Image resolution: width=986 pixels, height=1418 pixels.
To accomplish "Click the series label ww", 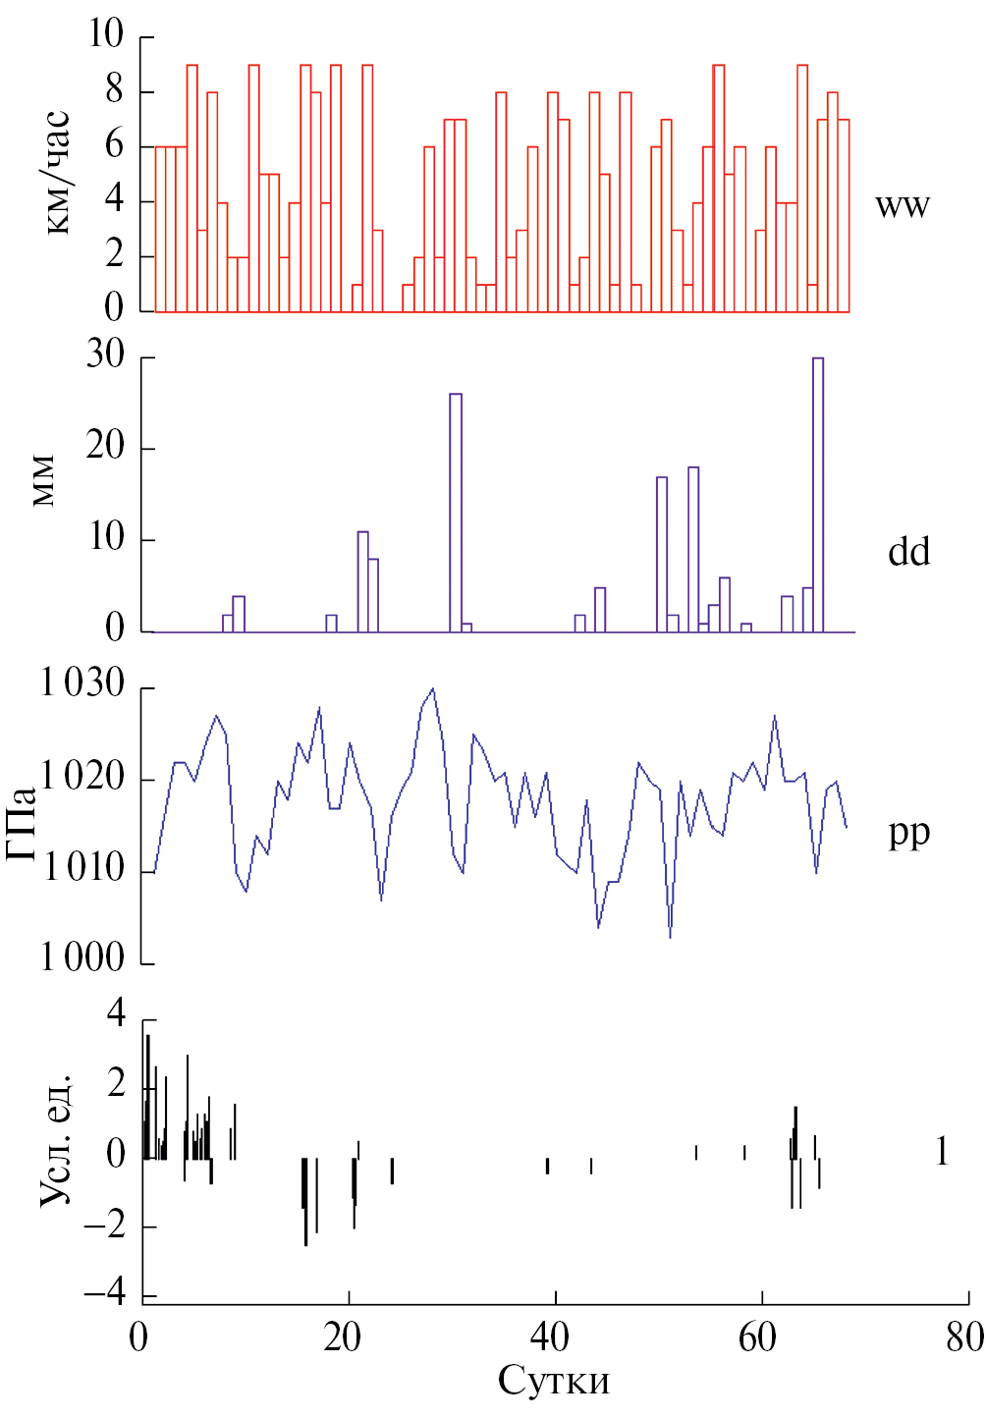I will point(902,206).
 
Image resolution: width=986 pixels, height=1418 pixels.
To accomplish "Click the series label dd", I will point(908,552).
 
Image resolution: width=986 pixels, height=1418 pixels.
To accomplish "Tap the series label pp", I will point(908,833).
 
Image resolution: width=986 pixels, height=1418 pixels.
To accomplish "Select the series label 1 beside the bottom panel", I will point(942,1151).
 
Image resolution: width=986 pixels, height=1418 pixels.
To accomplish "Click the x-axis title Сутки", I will point(554,1381).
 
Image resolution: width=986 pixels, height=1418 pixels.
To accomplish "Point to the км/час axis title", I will point(57,173).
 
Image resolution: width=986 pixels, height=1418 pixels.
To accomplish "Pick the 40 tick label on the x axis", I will point(550,1336).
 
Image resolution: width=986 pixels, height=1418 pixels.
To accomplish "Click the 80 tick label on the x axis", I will point(964,1336).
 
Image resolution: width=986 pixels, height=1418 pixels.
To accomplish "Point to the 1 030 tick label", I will point(83,683).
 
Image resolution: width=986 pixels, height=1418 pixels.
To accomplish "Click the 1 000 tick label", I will point(83,957).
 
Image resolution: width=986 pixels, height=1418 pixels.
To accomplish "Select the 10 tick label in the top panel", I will point(106,35).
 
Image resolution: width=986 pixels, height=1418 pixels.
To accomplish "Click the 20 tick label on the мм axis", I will point(106,447).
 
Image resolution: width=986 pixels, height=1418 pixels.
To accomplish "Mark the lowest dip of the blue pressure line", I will point(671,937).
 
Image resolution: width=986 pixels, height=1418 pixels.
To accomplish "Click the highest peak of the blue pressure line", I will point(432,689).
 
